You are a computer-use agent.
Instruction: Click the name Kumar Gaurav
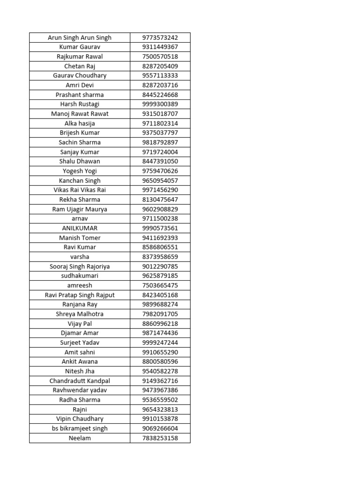pyautogui.click(x=80, y=47)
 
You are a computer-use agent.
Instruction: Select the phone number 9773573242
pyautogui.click(x=160, y=37)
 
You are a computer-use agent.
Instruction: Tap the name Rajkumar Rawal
pyautogui.click(x=80, y=57)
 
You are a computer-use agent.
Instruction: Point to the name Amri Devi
pyautogui.click(x=80, y=85)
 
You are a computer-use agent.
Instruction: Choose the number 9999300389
pyautogui.click(x=160, y=104)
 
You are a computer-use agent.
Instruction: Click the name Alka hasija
pyautogui.click(x=80, y=123)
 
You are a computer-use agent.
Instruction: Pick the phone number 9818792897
pyautogui.click(x=160, y=142)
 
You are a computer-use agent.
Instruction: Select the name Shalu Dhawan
pyautogui.click(x=80, y=161)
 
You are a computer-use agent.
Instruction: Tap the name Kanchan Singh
pyautogui.click(x=80, y=180)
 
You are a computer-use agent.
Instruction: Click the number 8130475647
pyautogui.click(x=160, y=200)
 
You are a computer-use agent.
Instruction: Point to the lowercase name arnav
pyautogui.click(x=80, y=218)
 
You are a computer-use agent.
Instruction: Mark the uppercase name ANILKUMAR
pyautogui.click(x=80, y=228)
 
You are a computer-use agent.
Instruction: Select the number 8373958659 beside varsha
pyautogui.click(x=160, y=257)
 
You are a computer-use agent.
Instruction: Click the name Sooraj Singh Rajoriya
pyautogui.click(x=80, y=266)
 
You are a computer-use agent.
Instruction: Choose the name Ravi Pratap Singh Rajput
pyautogui.click(x=80, y=295)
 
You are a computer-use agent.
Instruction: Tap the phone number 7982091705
pyautogui.click(x=160, y=314)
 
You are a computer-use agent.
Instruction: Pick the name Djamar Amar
pyautogui.click(x=80, y=333)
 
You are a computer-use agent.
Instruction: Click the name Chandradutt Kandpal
pyautogui.click(x=80, y=381)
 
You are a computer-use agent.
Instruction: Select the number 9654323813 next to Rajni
pyautogui.click(x=160, y=409)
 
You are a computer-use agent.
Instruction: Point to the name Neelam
pyautogui.click(x=80, y=438)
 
